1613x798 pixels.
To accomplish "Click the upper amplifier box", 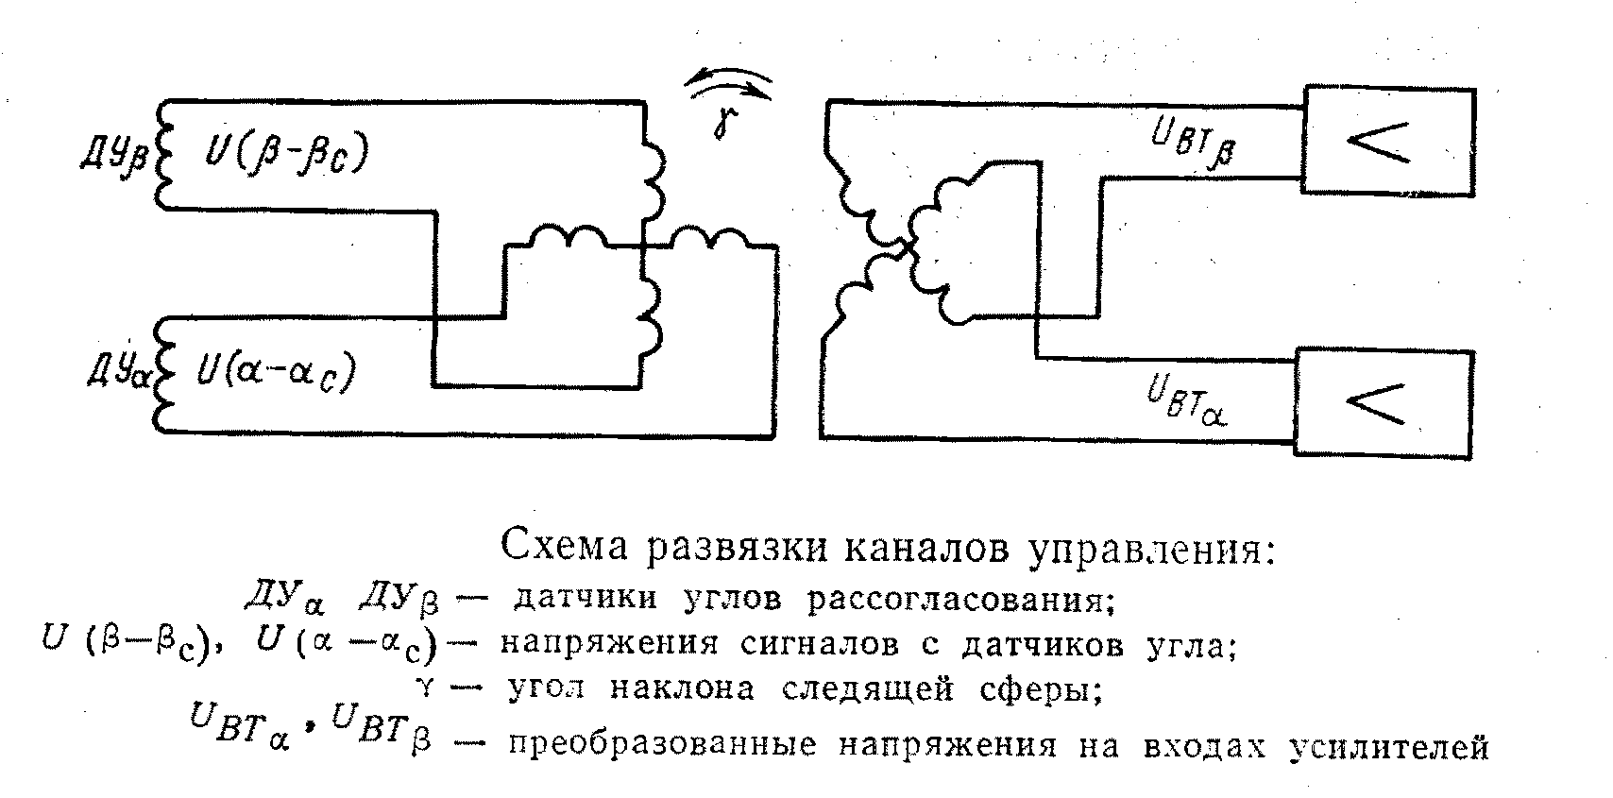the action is coord(1387,142).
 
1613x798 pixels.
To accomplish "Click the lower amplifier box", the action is coord(1383,403).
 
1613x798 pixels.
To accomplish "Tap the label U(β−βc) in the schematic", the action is coord(280,155).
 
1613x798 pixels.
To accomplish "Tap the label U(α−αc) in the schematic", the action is coord(275,369).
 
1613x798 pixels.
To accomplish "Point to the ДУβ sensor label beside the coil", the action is coord(112,155).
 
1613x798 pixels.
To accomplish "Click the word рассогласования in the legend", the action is coord(956,600).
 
